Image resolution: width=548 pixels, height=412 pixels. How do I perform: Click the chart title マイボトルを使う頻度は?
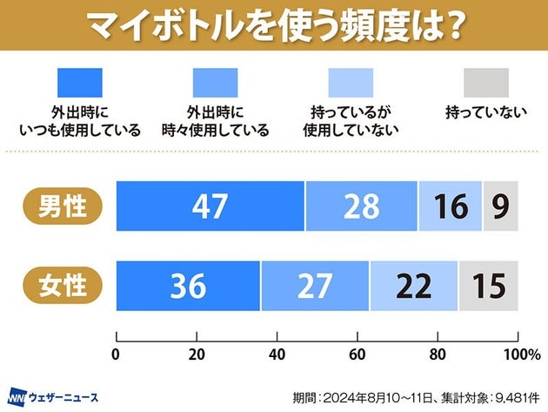coord(274,25)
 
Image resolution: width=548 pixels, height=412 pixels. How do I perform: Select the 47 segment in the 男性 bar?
coord(210,206)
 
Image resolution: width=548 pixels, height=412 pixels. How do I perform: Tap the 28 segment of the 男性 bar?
coord(361,206)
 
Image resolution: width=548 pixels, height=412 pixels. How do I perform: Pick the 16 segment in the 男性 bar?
coord(450,206)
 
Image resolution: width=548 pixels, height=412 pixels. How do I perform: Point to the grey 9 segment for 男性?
coord(500,206)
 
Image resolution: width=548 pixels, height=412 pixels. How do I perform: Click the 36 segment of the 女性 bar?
coord(188,285)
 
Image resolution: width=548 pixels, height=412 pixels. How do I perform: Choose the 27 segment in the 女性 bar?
coord(315,285)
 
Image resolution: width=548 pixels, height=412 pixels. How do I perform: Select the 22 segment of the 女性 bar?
coord(414,285)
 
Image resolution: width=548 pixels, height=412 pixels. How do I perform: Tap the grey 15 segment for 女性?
coord(488,285)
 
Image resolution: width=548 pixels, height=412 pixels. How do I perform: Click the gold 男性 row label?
coord(63,206)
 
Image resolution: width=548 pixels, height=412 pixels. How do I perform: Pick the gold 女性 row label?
coord(63,285)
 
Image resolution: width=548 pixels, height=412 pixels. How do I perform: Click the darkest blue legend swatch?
coord(79,82)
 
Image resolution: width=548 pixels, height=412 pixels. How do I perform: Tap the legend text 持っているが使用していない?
coord(351,122)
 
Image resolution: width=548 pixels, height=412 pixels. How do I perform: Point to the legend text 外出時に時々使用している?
coord(216,122)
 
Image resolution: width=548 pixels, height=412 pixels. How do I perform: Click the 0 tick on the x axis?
coord(117,354)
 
